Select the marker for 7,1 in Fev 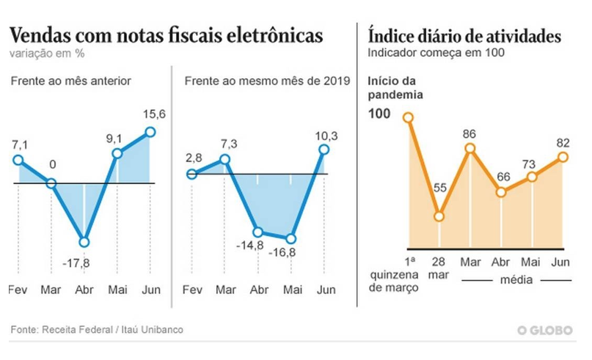click(x=18, y=160)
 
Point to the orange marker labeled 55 click(x=439, y=216)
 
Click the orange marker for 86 click(x=470, y=149)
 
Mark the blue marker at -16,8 click(x=291, y=238)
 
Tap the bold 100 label click(x=380, y=115)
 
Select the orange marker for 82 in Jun click(x=563, y=156)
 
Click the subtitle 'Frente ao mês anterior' click(x=70, y=81)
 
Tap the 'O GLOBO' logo click(x=544, y=331)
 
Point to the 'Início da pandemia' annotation click(x=391, y=88)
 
